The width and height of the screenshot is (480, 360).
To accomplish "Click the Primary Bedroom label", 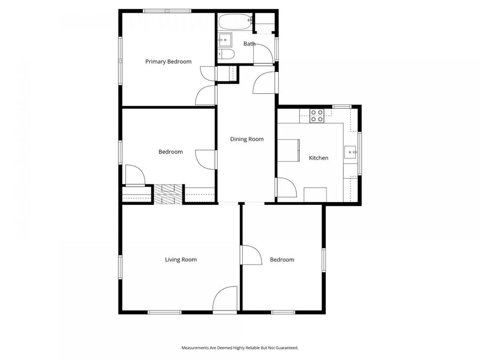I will coord(168,62).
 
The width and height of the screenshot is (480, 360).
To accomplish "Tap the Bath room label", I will coord(250,44).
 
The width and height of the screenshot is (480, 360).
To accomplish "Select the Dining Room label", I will coord(247,139).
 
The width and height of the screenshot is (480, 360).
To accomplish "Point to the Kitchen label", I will coord(319,158).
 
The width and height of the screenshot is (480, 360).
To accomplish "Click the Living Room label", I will coord(181,260).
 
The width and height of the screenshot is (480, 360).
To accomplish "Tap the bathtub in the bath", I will coord(235,22).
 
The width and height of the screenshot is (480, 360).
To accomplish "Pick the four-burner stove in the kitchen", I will coord(317,116).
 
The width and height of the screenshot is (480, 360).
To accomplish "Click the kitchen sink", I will coord(351,151).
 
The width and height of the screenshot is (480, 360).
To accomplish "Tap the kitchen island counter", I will coord(288,150).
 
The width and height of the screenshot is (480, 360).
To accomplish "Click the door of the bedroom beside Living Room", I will coord(251,255).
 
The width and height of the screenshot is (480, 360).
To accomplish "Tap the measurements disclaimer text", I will coord(239,348).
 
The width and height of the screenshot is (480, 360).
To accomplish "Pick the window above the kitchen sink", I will coord(359,153).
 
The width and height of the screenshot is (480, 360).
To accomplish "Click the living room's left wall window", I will coord(121,267).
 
